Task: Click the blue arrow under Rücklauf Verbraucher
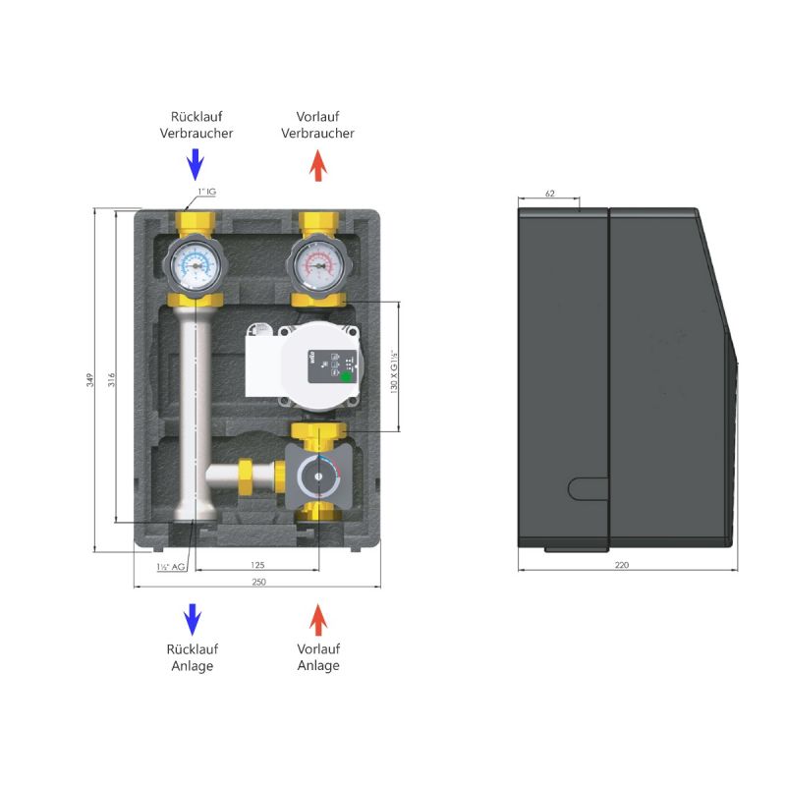[196, 162]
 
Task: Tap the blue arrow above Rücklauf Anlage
[194, 619]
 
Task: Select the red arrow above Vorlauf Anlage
[317, 620]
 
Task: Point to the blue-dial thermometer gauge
[196, 263]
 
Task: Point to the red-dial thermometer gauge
[317, 263]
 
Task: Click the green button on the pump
[345, 375]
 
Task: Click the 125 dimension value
[257, 565]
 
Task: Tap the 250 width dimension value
[257, 583]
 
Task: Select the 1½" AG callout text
[170, 567]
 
